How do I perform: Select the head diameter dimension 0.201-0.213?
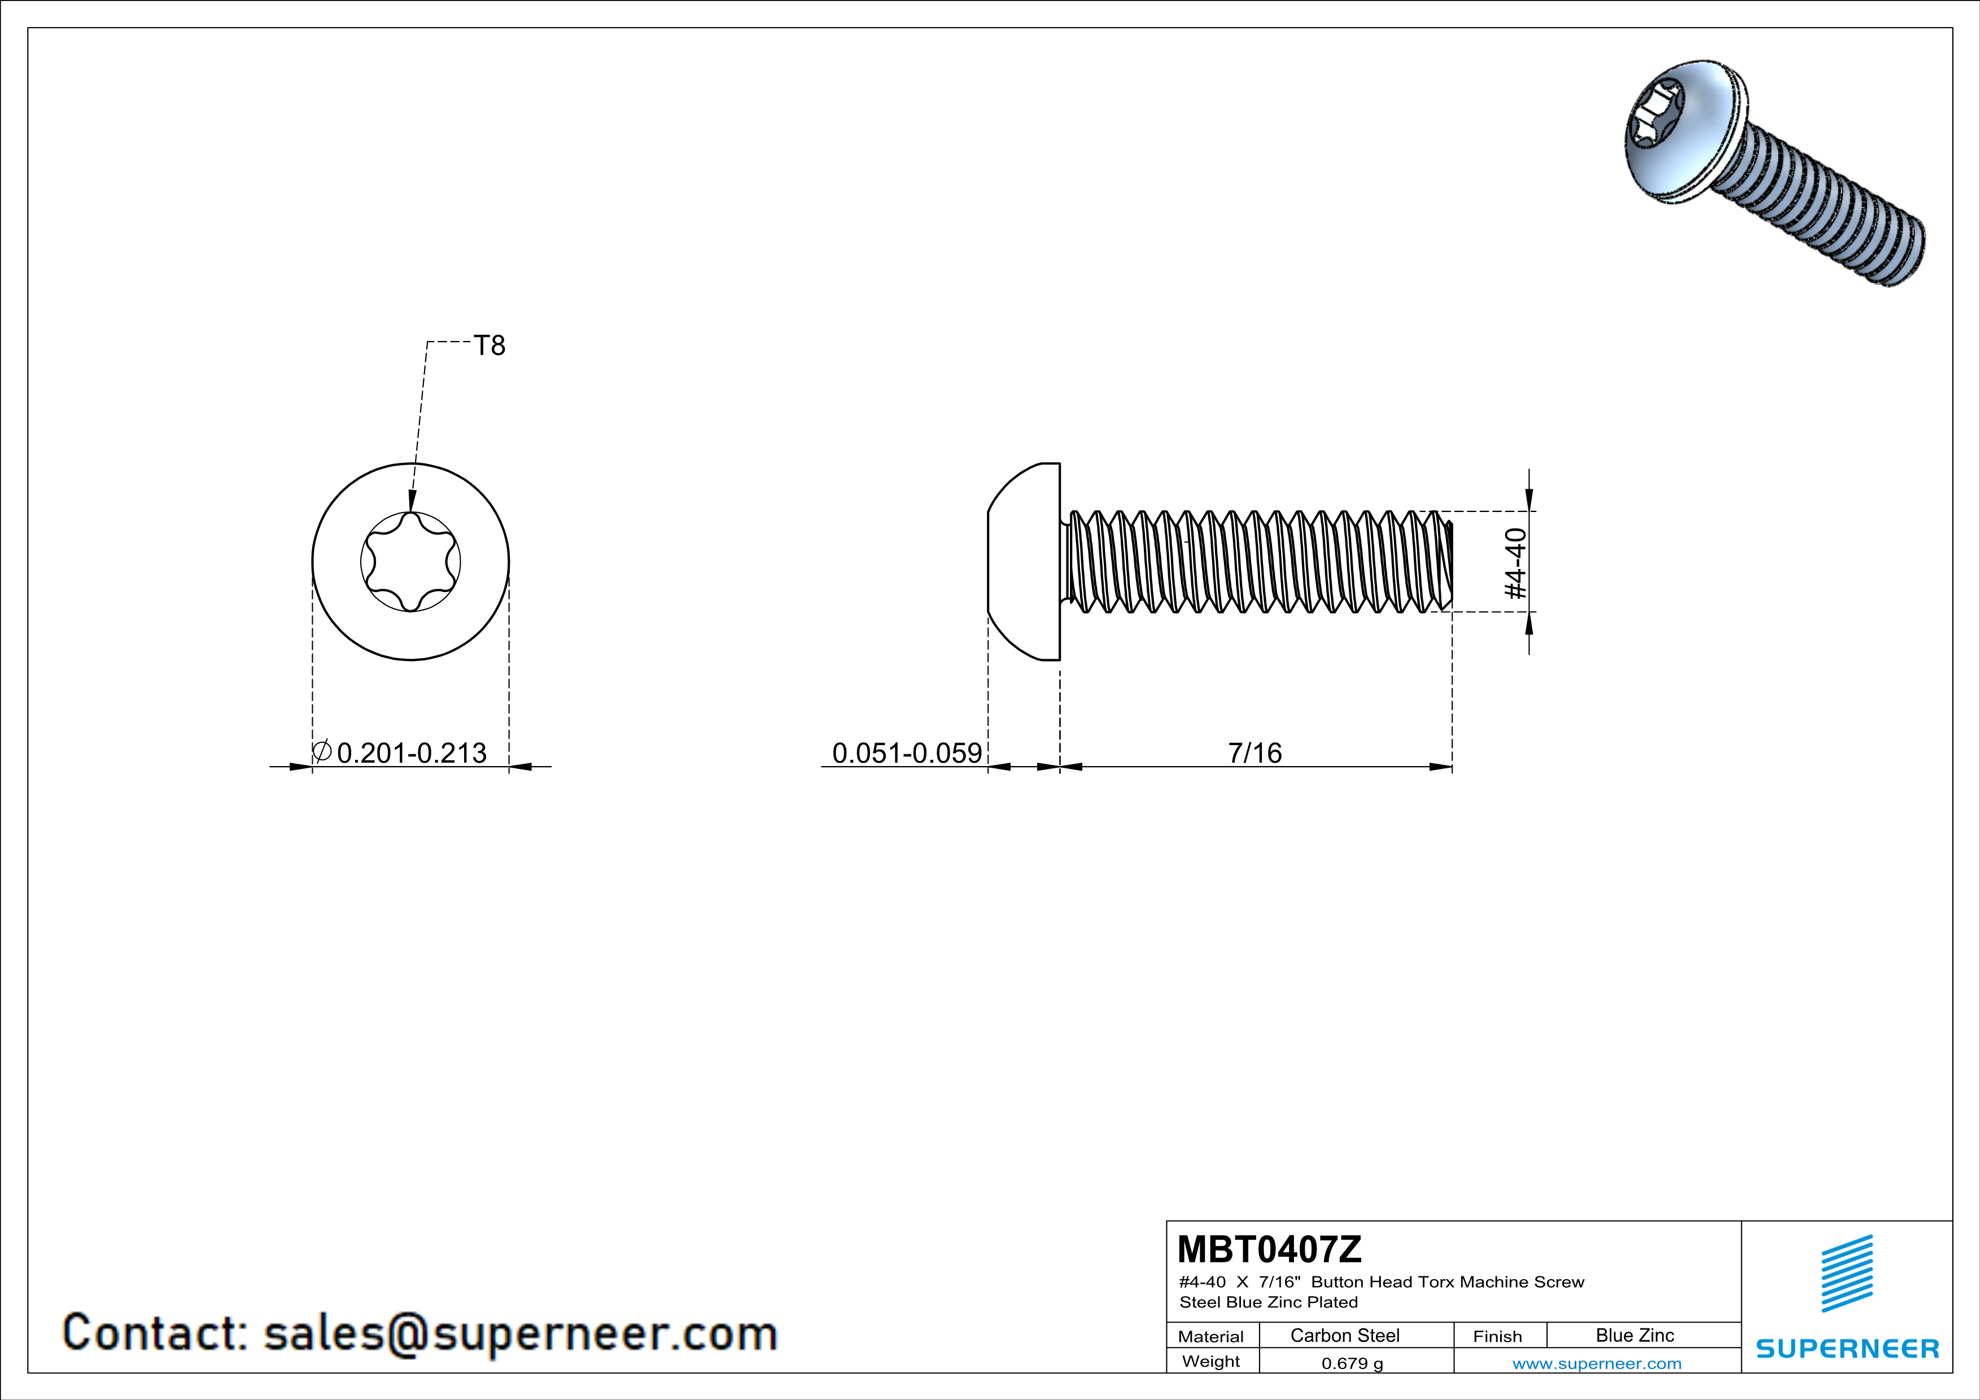[412, 754]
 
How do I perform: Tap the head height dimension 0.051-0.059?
[906, 754]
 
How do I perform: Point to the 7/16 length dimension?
[1255, 754]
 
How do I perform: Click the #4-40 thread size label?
[1515, 563]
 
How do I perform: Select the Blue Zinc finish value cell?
[1635, 1335]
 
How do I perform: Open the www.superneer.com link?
[1597, 1363]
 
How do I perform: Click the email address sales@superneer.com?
[520, 1333]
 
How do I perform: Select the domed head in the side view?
[1024, 561]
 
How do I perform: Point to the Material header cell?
[1211, 1336]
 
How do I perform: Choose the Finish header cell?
[1497, 1336]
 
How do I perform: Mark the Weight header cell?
[1211, 1361]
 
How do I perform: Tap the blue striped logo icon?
[1847, 1274]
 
